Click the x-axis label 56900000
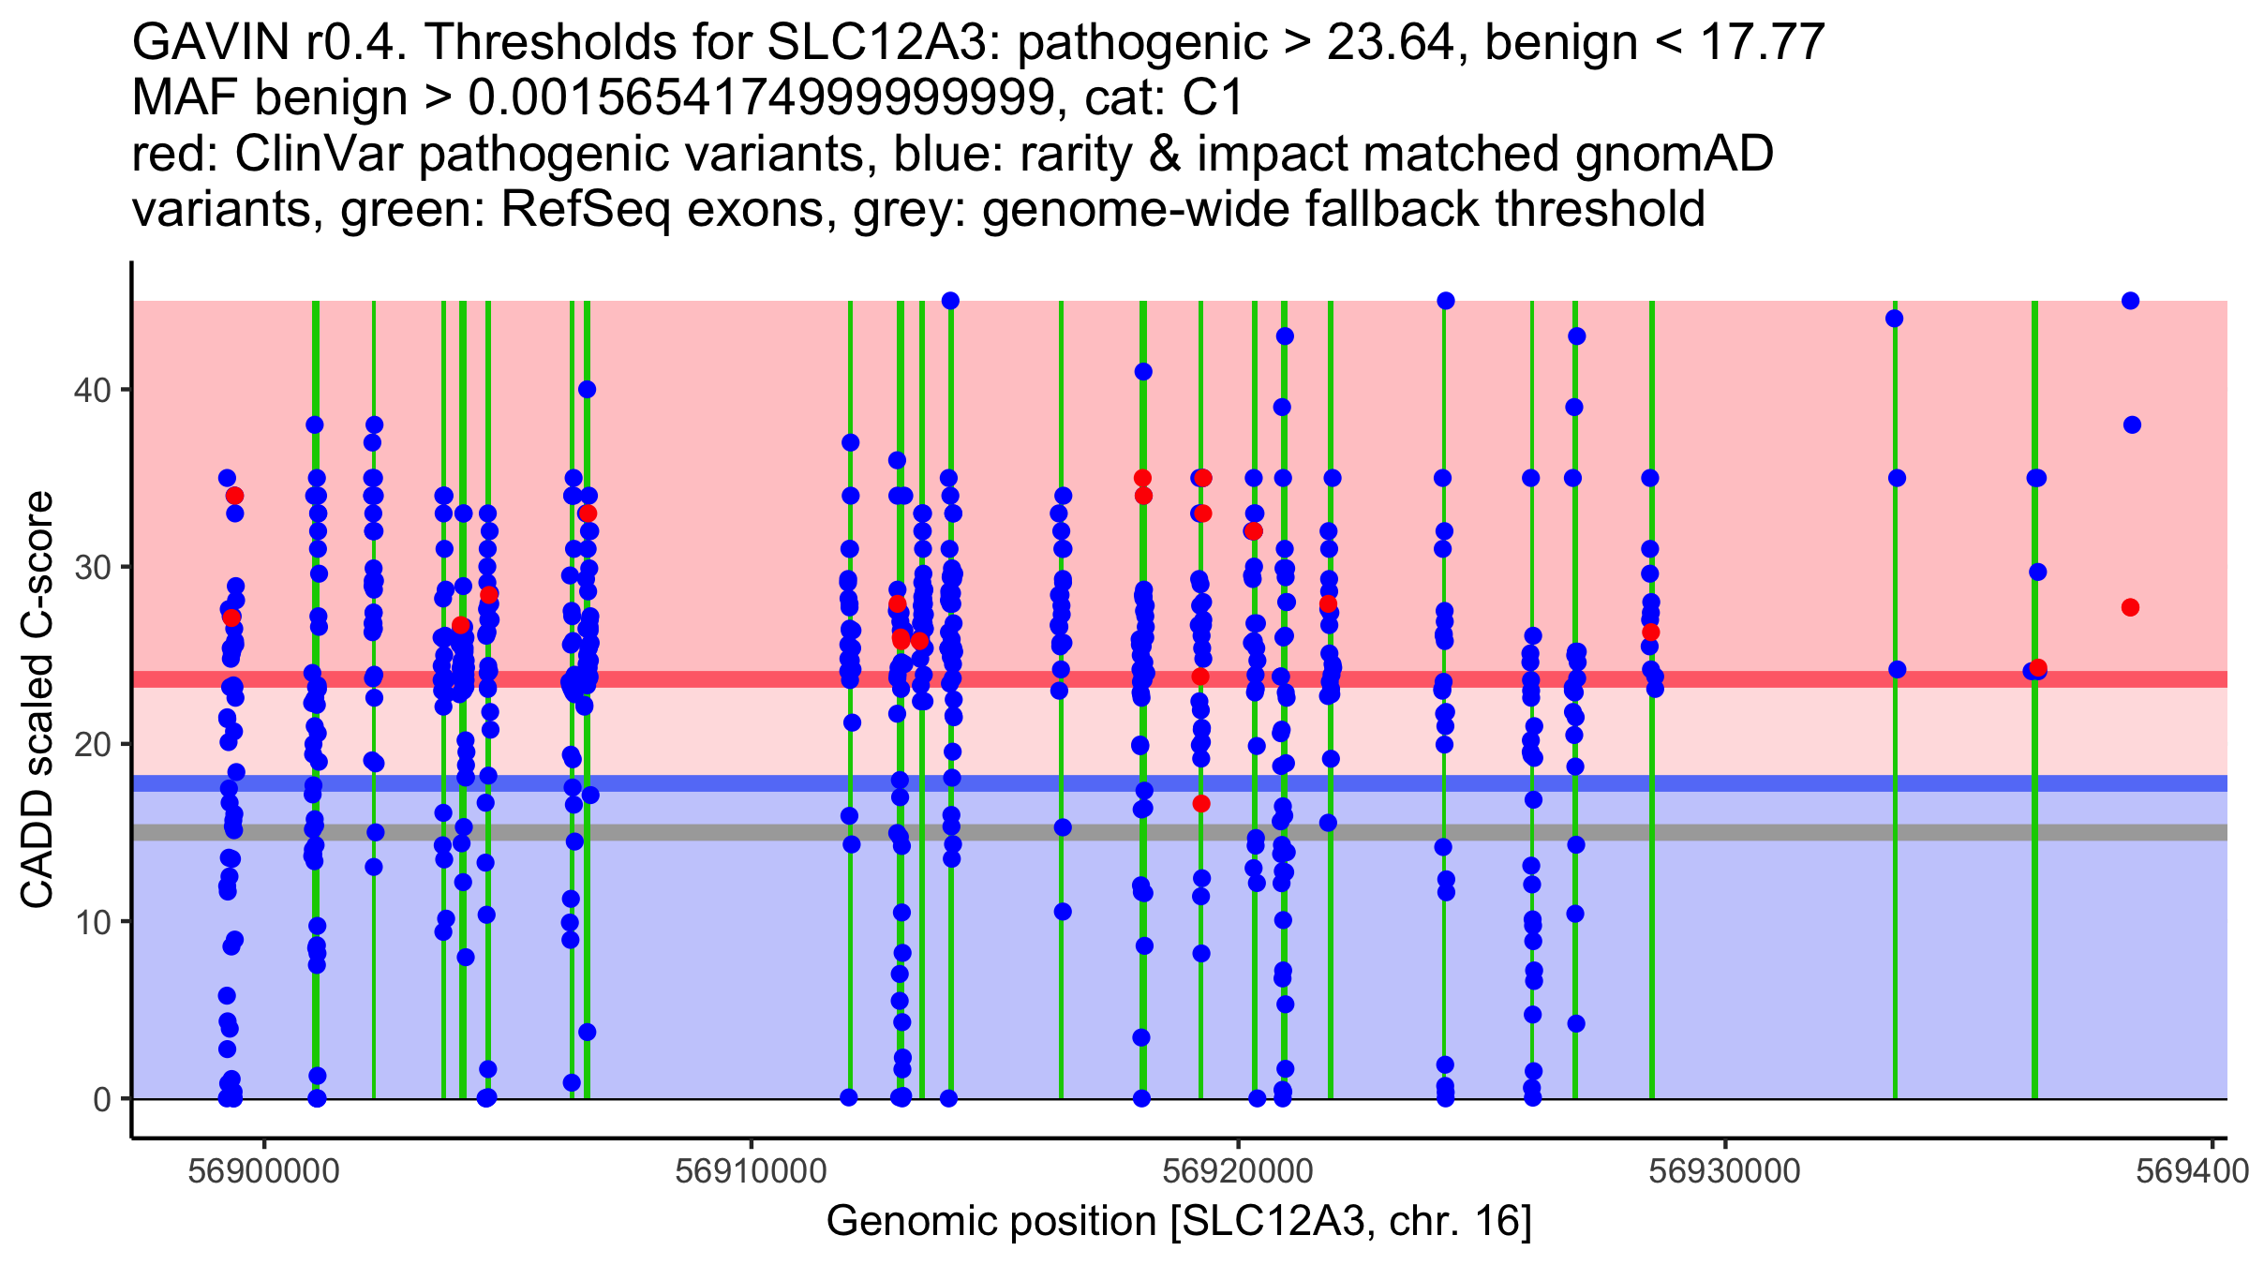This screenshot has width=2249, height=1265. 263,1171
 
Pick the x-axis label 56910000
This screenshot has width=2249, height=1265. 751,1171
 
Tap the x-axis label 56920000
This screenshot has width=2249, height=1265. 1238,1171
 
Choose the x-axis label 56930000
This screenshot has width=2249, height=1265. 1724,1171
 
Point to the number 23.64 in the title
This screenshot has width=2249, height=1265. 1392,42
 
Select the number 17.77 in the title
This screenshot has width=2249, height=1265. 1762,42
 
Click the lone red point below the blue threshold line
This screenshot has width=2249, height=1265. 1201,803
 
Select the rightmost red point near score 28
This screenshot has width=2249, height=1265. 2130,607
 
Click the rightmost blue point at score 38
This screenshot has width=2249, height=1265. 2132,425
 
